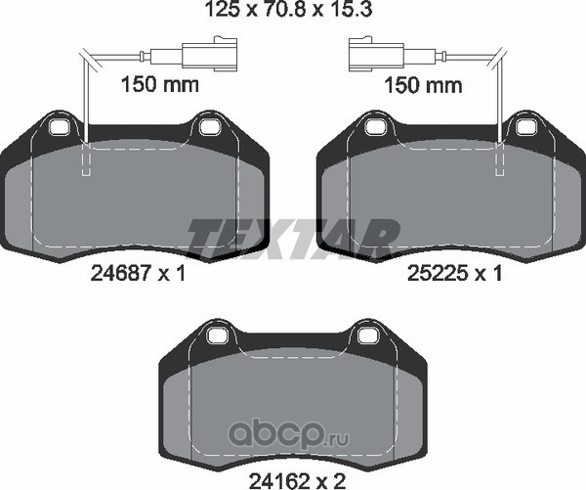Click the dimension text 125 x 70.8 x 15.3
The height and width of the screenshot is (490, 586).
[288, 10]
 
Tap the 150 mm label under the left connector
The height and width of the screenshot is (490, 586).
[160, 84]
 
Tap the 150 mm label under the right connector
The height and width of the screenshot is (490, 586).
[424, 85]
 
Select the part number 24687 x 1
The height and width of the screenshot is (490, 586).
[139, 274]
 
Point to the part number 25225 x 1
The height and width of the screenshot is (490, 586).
[454, 274]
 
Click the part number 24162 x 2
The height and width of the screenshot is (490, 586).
[297, 479]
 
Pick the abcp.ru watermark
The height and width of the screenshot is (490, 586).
[289, 435]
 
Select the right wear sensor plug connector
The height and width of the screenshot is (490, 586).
[376, 54]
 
